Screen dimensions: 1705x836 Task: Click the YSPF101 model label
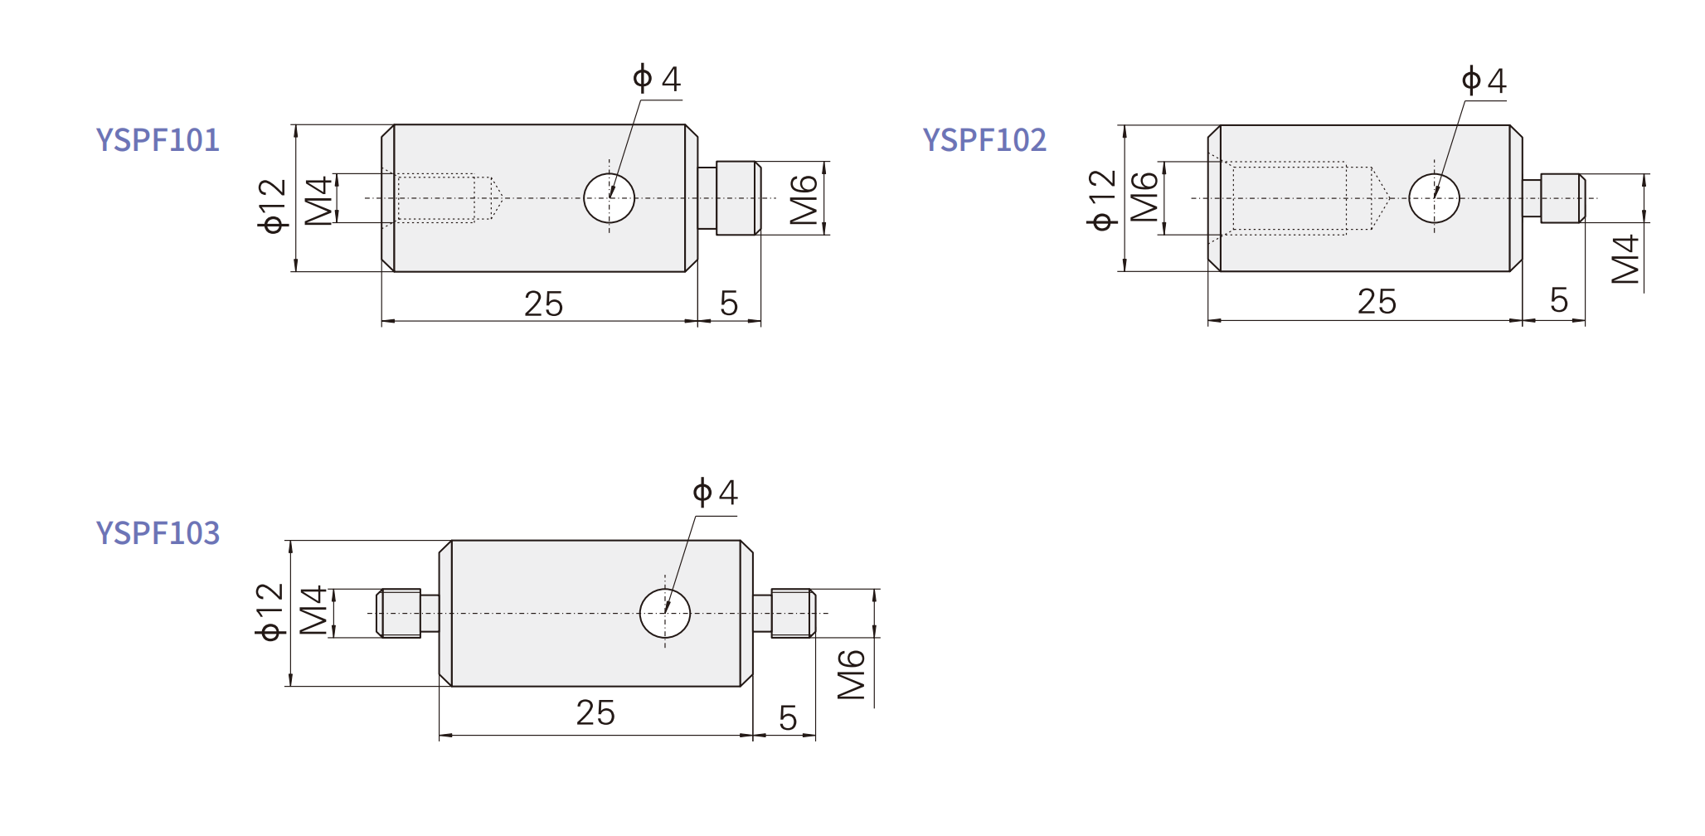click(158, 140)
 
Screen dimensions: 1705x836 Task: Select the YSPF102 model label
click(984, 140)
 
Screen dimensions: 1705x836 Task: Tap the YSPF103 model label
click(158, 533)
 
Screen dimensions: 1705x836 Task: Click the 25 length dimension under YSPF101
click(543, 304)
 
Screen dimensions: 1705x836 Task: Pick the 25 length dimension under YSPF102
click(1377, 302)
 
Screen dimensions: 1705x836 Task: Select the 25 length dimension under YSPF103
click(595, 713)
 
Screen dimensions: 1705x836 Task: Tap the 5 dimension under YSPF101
click(729, 304)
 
